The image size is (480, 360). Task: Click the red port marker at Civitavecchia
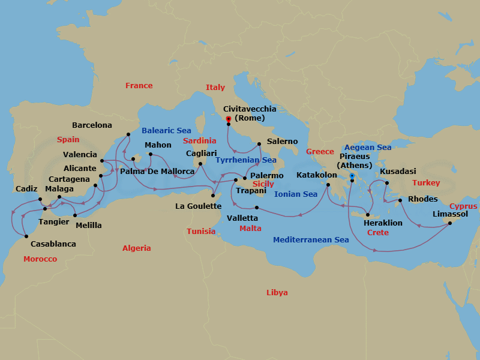[x=229, y=119]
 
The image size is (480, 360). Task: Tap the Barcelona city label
[x=92, y=125]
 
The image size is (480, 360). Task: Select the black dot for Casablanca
[x=26, y=236]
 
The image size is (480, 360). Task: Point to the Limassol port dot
[x=449, y=223]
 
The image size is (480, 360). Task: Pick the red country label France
[x=139, y=86]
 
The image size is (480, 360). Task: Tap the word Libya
[x=277, y=293]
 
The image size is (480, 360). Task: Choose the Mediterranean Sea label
[x=311, y=240]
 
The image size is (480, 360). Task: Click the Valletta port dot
[x=256, y=208]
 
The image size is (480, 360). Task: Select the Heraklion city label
[x=383, y=223]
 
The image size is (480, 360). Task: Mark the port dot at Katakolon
[x=328, y=185]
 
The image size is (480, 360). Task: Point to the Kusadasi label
[x=398, y=171]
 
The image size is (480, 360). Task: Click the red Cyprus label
[x=463, y=206]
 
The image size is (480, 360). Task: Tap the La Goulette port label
[x=196, y=206]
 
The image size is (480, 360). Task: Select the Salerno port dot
[x=259, y=144]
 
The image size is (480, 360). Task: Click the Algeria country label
[x=137, y=248]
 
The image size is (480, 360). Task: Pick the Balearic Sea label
[x=166, y=131]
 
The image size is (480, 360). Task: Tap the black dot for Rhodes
[x=400, y=200]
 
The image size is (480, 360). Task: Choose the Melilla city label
[x=89, y=226]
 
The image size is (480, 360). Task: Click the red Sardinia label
[x=199, y=140]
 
